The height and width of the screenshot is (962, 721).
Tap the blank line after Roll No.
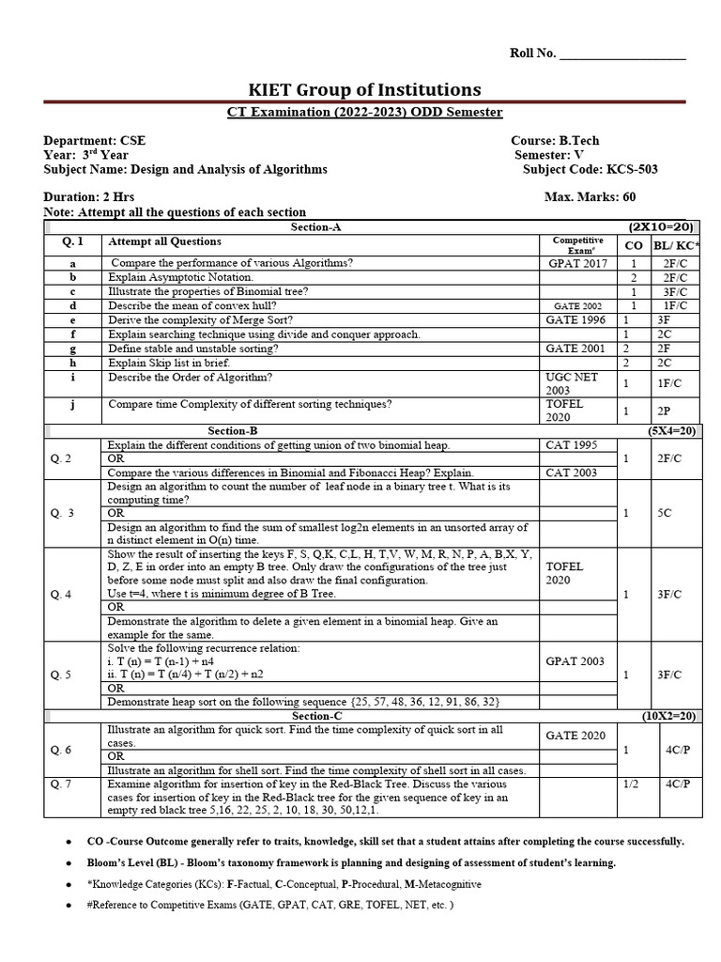[x=622, y=54]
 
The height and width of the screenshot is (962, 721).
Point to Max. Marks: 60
[x=590, y=197]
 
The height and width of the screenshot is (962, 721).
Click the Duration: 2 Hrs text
[x=91, y=197]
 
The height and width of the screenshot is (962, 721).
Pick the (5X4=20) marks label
[x=670, y=430]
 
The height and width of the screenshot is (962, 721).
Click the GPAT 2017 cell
[x=577, y=264]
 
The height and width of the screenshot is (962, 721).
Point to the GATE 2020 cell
[x=577, y=736]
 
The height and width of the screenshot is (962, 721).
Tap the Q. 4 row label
[x=62, y=594]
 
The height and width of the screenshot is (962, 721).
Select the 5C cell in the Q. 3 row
[x=663, y=513]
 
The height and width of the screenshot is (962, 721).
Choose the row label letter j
[x=72, y=405]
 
